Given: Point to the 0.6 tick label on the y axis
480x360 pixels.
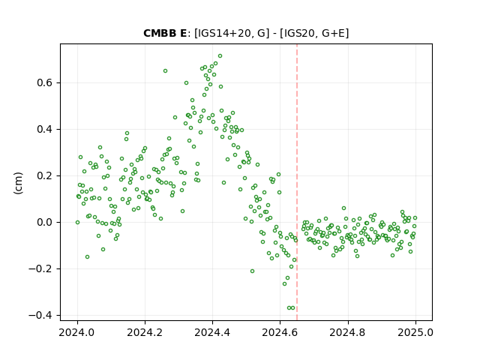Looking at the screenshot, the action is click(45, 83).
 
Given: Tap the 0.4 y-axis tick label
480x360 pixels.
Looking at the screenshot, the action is click(45, 130).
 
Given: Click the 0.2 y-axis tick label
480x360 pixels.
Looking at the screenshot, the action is click(45, 176).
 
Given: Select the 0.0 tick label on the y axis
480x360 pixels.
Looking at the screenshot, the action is click(45, 222).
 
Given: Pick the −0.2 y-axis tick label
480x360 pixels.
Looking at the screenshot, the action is click(40, 268).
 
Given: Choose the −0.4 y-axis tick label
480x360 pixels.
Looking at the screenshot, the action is click(40, 315).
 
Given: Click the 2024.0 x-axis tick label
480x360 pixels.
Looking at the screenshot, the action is click(77, 332).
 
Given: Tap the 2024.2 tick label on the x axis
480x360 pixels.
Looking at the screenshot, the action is click(145, 332).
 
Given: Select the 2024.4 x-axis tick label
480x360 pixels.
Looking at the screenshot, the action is click(212, 332).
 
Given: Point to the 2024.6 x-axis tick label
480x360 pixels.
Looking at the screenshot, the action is click(280, 332).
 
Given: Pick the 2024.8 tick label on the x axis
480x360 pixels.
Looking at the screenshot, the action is click(348, 332).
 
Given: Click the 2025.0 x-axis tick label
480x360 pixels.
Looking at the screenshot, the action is click(415, 332).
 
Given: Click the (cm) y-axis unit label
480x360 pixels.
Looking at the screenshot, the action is click(18, 183).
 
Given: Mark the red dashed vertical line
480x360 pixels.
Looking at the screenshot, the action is click(297, 182).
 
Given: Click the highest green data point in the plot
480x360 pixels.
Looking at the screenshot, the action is click(220, 56).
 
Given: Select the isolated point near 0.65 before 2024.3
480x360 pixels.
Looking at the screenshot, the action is click(165, 71).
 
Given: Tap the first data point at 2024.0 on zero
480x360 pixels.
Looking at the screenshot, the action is click(77, 223).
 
